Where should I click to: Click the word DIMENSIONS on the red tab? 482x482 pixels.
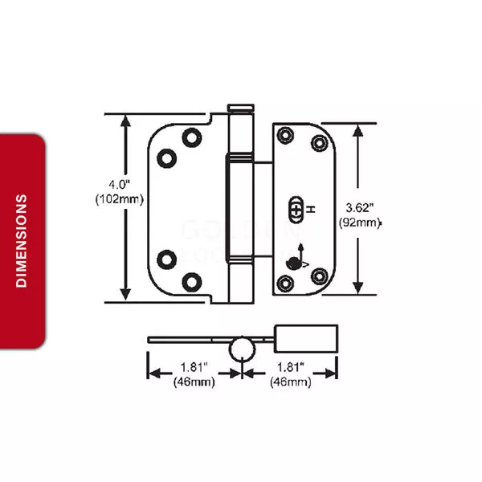(22, 241)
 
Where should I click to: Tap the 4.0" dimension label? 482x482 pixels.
(119, 185)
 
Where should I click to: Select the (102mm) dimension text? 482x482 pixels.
(119, 199)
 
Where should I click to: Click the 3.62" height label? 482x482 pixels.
(359, 208)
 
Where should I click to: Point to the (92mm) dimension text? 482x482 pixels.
(360, 223)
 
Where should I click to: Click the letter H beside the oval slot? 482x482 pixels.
(311, 210)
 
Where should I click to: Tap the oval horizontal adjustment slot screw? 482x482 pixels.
(296, 210)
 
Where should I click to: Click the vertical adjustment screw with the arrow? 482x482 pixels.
(294, 263)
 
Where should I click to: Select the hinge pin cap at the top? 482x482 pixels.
(241, 108)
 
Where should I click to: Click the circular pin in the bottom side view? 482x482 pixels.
(242, 349)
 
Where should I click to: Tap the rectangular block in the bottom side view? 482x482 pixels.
(306, 338)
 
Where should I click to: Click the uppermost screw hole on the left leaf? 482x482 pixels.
(192, 137)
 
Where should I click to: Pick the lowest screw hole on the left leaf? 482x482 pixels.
(192, 282)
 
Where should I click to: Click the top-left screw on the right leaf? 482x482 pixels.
(285, 135)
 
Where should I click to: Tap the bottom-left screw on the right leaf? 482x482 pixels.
(285, 283)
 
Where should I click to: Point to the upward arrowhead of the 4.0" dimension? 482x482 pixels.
(125, 120)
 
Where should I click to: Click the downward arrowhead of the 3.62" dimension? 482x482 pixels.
(357, 288)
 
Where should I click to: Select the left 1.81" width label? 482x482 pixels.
(194, 367)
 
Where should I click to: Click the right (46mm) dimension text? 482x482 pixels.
(291, 382)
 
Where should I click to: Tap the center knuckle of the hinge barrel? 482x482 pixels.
(240, 208)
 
